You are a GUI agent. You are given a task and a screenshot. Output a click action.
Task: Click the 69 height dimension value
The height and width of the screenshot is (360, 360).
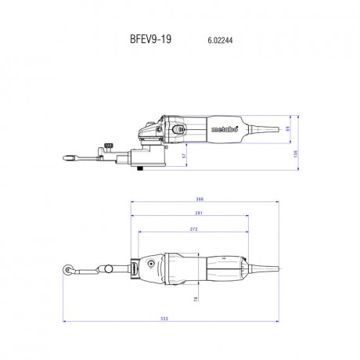(287, 128)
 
